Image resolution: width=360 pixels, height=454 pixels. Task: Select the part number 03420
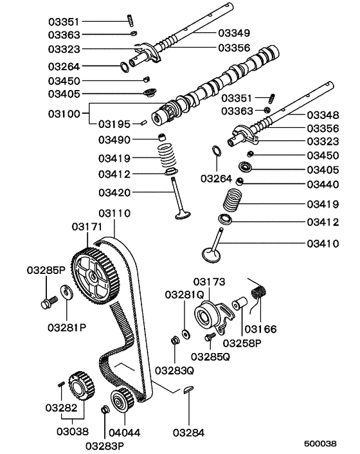(x=114, y=191)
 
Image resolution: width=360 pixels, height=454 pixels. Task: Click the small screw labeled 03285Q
(x=208, y=338)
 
